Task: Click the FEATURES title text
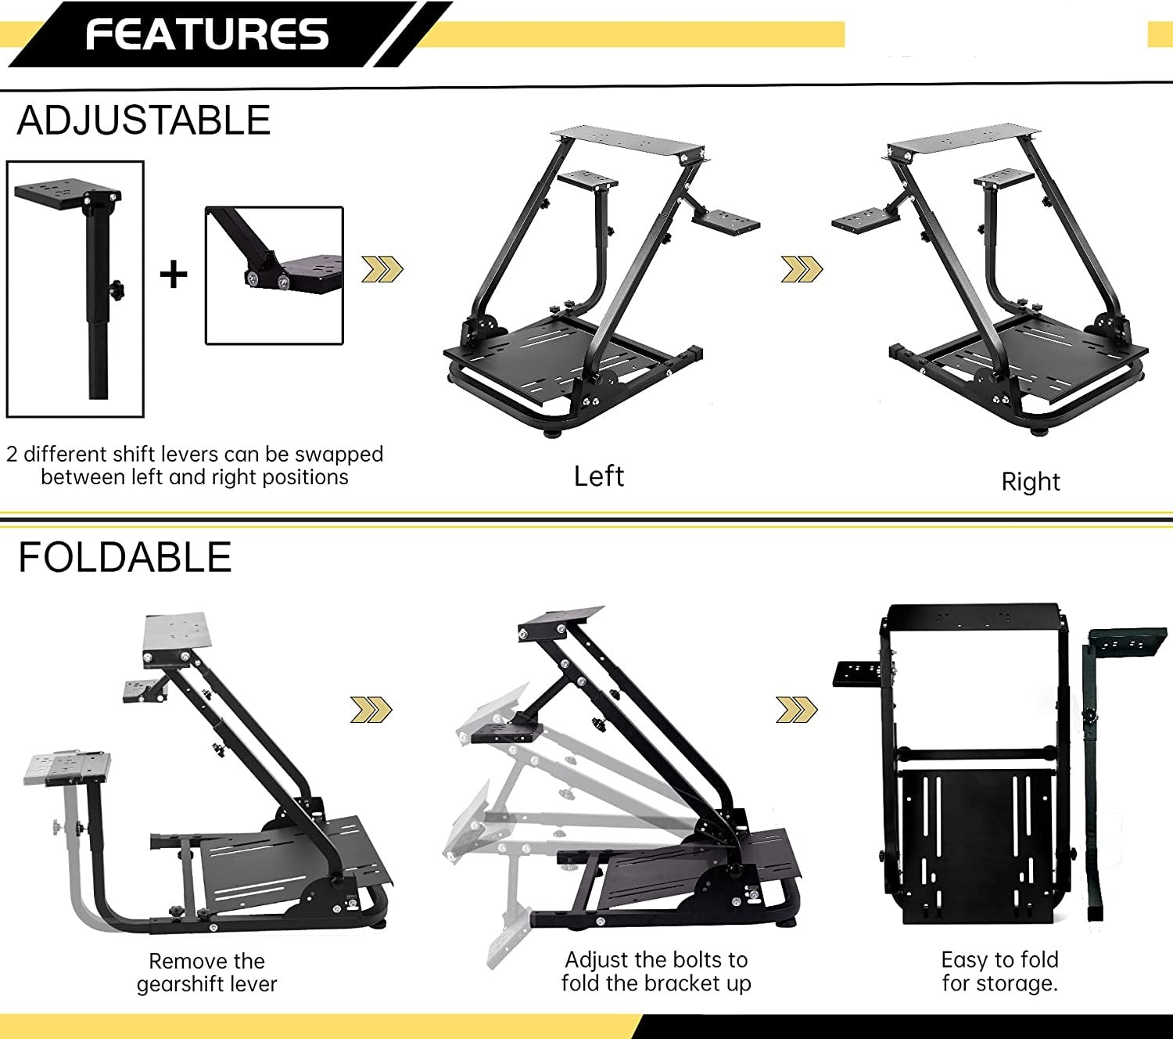tap(207, 34)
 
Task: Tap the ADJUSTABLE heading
tap(144, 120)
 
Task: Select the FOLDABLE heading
tap(125, 557)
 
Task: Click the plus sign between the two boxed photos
tap(174, 274)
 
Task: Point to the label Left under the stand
tap(599, 476)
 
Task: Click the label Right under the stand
tap(1031, 482)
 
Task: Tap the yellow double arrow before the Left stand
tap(382, 268)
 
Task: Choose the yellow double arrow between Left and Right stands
tap(802, 268)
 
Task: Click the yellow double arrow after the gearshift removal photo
tap(371, 710)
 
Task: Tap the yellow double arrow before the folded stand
tap(797, 710)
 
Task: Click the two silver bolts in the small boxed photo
tap(267, 280)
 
